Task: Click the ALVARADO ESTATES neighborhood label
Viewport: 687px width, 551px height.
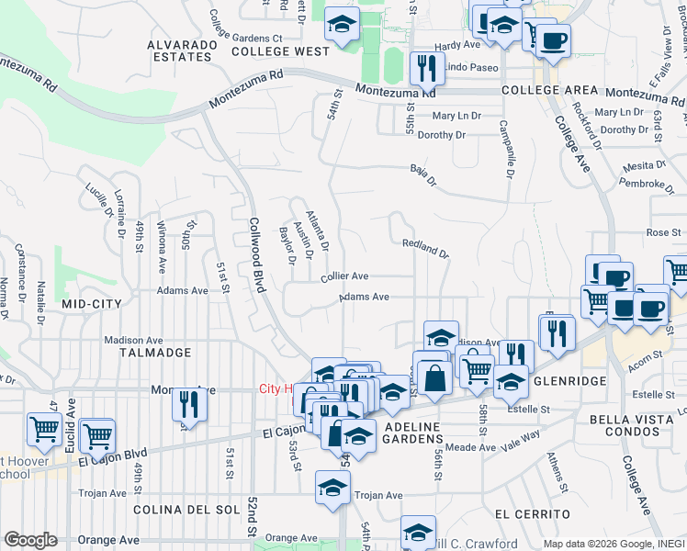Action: tap(180, 50)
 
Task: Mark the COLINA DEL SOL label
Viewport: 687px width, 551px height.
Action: tap(186, 509)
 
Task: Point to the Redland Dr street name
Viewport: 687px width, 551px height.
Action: tap(424, 247)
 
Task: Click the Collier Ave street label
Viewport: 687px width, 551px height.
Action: tap(344, 275)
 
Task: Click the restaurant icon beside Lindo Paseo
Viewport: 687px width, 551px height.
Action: tap(425, 66)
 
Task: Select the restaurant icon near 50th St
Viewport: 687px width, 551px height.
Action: tap(189, 402)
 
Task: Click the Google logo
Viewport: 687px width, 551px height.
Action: tap(30, 540)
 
